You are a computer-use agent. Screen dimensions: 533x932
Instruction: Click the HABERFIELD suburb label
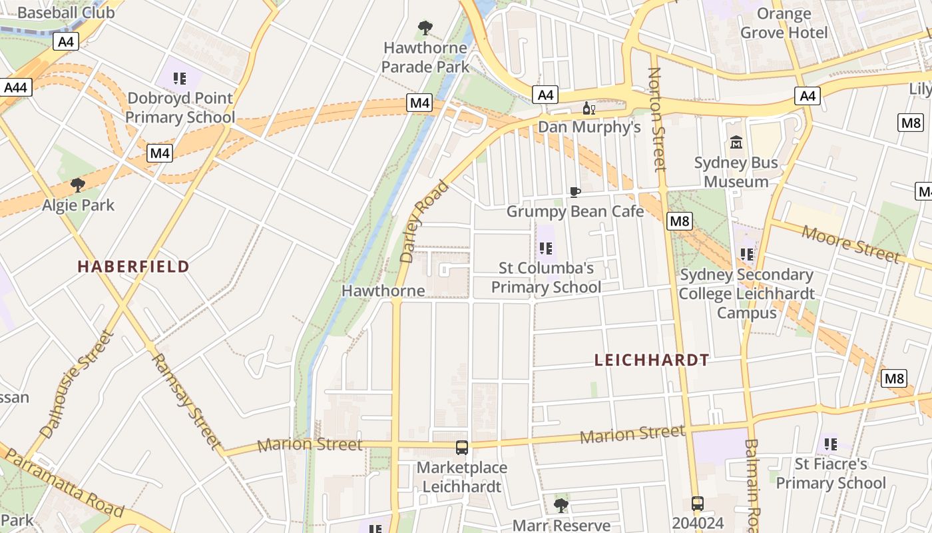click(x=133, y=266)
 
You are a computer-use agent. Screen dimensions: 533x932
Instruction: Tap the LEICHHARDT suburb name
click(x=651, y=360)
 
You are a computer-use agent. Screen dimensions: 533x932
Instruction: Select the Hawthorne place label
click(x=383, y=290)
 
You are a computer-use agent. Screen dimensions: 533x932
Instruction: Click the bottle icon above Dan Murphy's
click(x=589, y=109)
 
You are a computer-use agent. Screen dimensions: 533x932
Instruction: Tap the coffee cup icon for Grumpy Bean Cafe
click(x=575, y=193)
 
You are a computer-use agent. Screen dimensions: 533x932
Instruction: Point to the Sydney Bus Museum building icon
click(x=736, y=143)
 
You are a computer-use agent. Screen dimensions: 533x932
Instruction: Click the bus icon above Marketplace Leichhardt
click(x=462, y=448)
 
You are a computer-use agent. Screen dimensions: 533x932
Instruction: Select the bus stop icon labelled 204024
click(x=697, y=504)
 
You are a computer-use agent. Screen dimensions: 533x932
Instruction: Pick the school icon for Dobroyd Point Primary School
click(x=180, y=79)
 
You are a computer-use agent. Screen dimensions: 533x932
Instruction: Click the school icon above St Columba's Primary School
click(x=546, y=249)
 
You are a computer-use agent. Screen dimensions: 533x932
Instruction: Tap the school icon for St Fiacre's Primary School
click(x=830, y=444)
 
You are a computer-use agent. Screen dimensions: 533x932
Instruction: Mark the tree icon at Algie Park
click(x=78, y=185)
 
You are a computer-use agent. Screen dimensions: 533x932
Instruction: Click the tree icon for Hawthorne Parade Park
click(x=425, y=29)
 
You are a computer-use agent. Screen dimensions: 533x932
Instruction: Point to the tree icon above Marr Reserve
click(x=561, y=505)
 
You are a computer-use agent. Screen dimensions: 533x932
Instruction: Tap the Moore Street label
click(x=850, y=244)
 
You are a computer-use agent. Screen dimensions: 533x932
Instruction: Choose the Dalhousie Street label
click(x=77, y=384)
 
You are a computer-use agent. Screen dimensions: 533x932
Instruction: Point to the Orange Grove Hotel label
click(x=784, y=23)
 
